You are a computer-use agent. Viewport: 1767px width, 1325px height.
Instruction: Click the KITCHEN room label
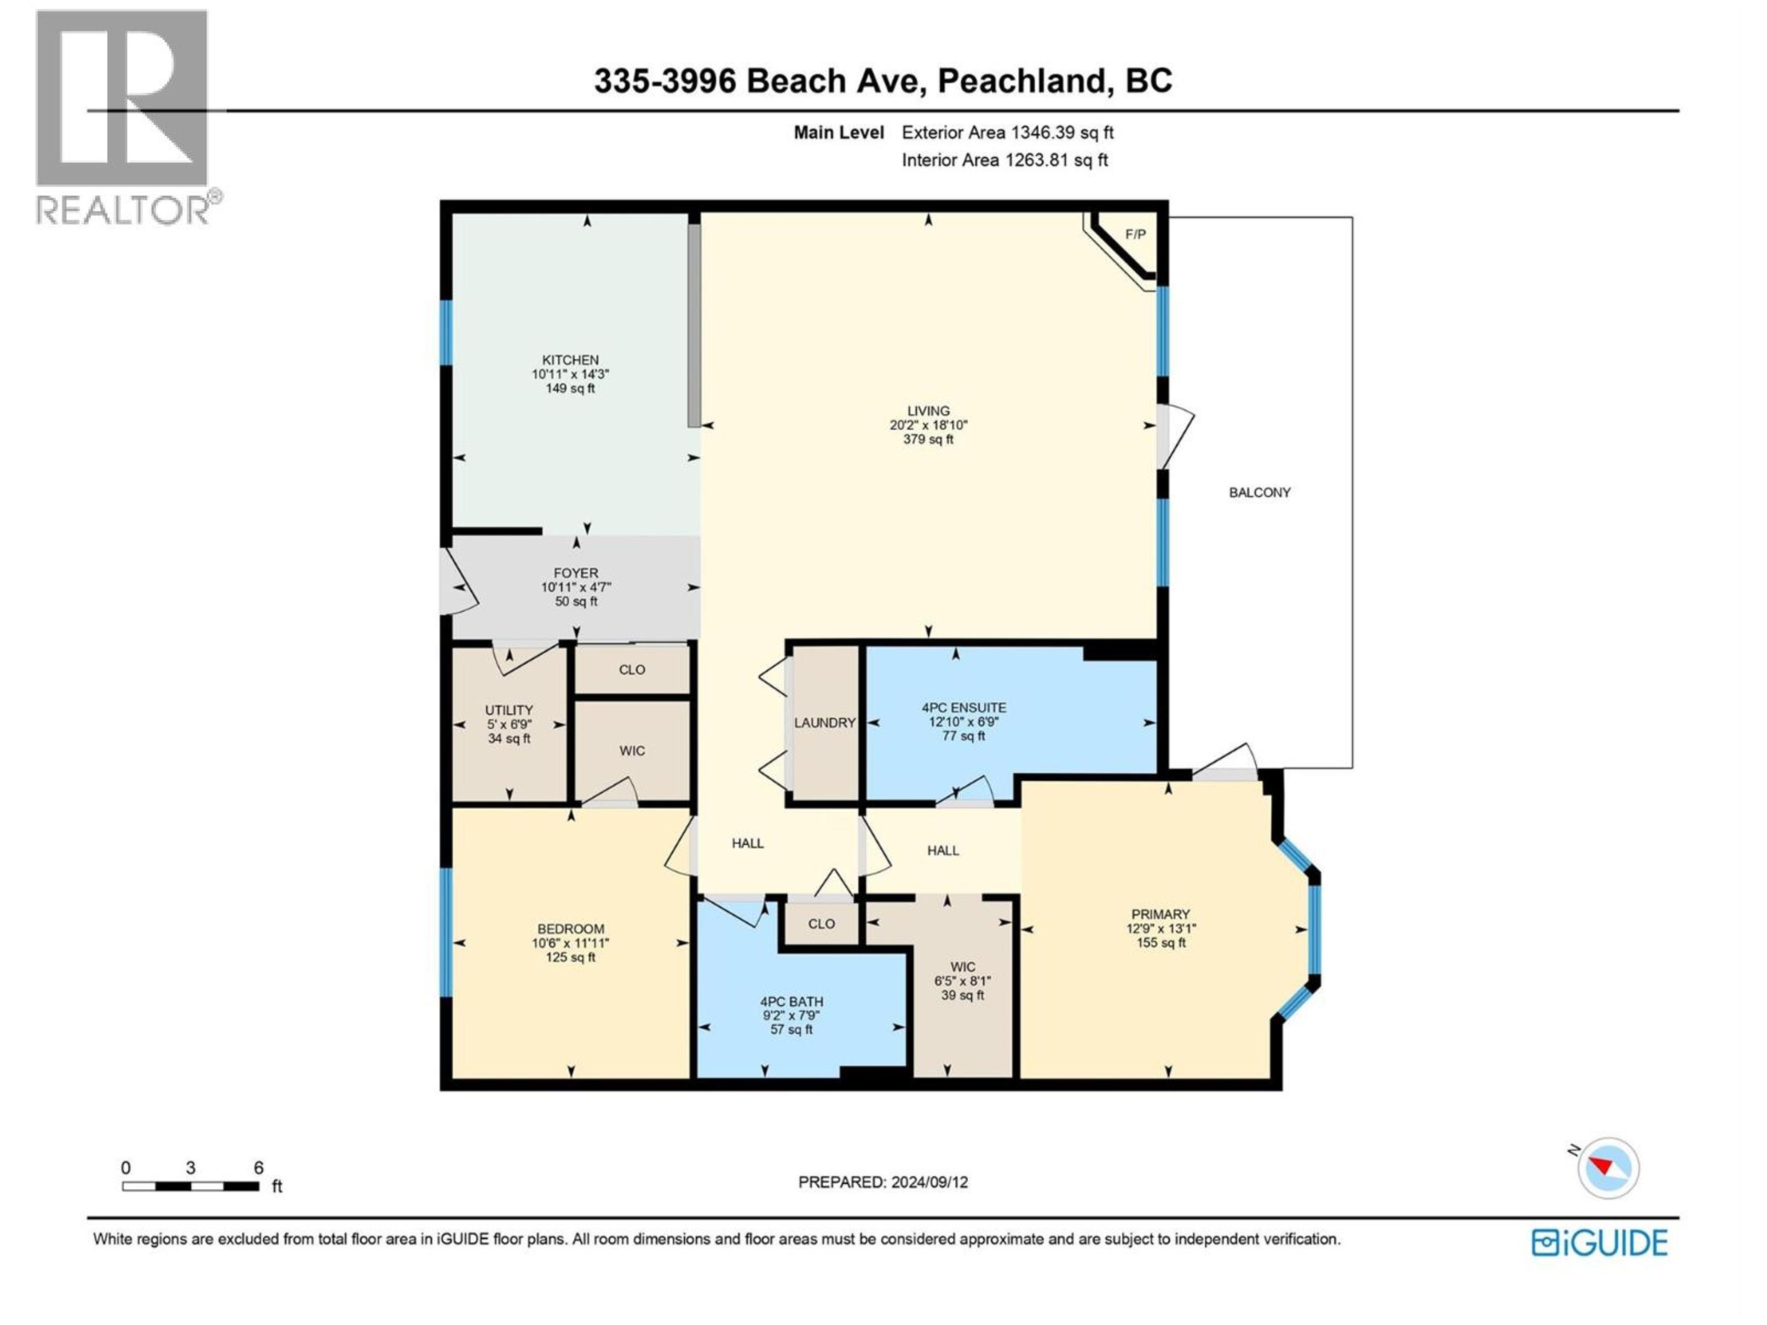point(570,360)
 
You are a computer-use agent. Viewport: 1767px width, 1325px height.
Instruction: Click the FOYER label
point(575,573)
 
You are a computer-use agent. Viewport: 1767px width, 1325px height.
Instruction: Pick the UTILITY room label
point(509,710)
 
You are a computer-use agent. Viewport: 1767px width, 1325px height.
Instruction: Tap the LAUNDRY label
point(825,723)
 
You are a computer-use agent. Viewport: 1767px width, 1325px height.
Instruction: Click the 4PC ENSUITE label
point(964,708)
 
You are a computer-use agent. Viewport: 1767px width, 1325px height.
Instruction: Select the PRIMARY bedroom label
point(1160,915)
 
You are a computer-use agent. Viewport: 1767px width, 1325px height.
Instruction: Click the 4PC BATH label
point(791,1002)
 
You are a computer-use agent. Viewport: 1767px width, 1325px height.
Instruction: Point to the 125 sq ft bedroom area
point(570,957)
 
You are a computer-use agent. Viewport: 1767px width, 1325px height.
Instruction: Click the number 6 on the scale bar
point(258,1168)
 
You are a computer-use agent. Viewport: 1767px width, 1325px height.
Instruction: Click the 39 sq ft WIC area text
point(963,995)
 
